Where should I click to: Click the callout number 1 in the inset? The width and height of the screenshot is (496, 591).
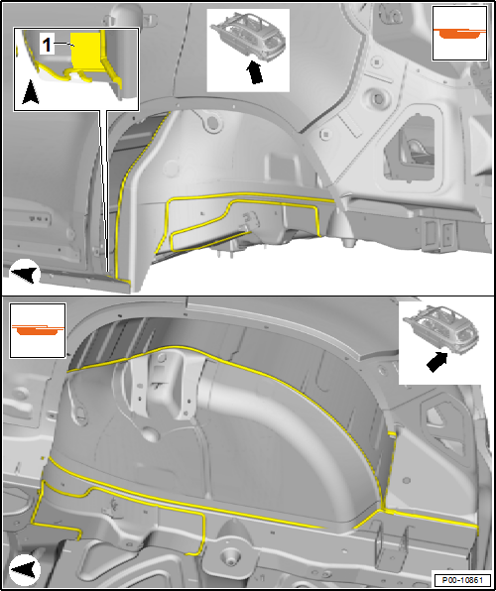[x=47, y=46]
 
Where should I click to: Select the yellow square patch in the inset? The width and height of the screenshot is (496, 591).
[x=85, y=51]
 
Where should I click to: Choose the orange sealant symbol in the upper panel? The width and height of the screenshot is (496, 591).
[x=459, y=33]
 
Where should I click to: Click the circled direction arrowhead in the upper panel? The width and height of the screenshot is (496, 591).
[x=25, y=273]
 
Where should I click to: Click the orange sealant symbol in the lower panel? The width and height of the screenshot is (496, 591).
[x=38, y=328]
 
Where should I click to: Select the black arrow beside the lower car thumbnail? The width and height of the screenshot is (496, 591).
[x=437, y=363]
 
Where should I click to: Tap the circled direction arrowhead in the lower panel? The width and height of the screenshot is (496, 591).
[x=25, y=569]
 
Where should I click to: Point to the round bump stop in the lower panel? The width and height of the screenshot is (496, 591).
[x=228, y=554]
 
